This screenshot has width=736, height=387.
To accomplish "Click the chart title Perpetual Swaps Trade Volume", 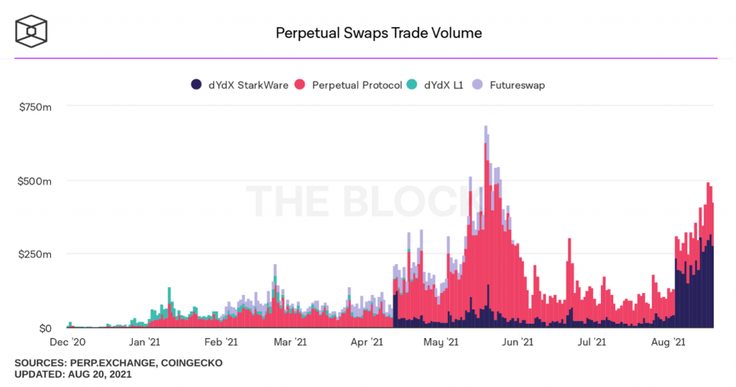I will click(379, 33).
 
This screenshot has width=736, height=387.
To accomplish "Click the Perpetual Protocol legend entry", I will click(349, 85).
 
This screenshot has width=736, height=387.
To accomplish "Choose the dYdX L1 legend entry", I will click(436, 85).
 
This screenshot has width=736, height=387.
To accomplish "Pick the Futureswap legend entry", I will click(509, 85).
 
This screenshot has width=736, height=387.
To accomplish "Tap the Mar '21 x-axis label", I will click(291, 343).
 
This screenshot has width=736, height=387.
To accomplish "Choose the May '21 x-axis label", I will click(441, 343).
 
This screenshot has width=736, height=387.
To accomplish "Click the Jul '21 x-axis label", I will click(593, 343).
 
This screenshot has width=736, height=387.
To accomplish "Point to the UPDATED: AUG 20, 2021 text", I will click(73, 375).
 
